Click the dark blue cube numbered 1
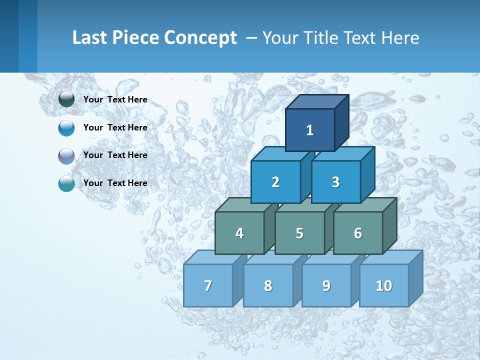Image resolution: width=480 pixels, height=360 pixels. [310, 130]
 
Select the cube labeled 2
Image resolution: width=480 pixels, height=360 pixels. [275, 182]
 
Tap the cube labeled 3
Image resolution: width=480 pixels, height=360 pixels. [335, 182]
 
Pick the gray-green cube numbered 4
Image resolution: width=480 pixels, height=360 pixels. [239, 233]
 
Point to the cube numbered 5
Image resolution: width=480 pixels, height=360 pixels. [299, 233]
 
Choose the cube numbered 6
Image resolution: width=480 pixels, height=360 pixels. [357, 233]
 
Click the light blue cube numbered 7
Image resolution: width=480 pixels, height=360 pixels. [208, 285]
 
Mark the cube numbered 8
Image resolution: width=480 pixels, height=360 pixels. [268, 285]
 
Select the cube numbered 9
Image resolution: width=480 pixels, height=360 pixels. [326, 285]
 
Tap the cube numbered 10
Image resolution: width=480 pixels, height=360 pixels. [383, 285]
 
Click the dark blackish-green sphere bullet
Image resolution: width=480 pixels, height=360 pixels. [66, 99]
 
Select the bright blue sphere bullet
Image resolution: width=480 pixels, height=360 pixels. [66, 127]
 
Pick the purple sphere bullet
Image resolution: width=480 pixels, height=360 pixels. [66, 155]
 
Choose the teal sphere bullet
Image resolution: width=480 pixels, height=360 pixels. [66, 183]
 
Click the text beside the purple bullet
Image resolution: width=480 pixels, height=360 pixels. [115, 155]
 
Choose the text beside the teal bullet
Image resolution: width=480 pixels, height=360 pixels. [115, 183]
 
